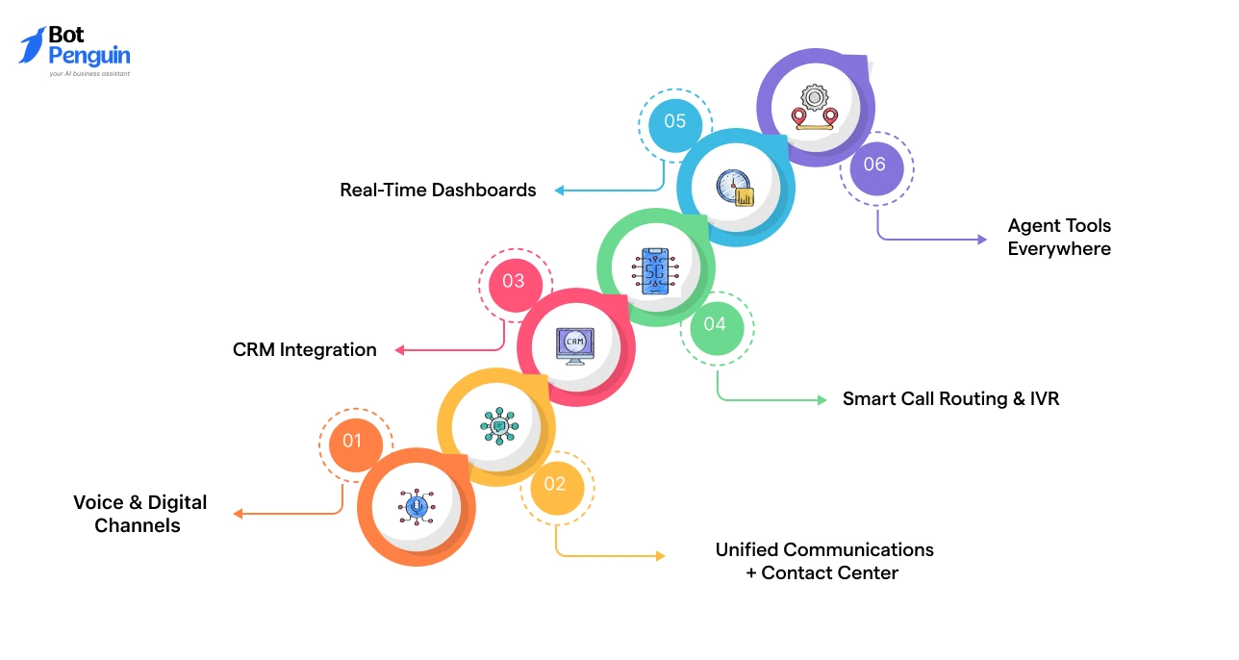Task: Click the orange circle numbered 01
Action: pyautogui.click(x=352, y=441)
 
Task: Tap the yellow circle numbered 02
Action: pyautogui.click(x=555, y=484)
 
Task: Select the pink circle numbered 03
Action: pyautogui.click(x=513, y=281)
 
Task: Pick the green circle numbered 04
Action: pyautogui.click(x=715, y=324)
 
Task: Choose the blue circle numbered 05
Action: pyautogui.click(x=674, y=121)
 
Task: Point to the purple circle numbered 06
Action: pyautogui.click(x=874, y=165)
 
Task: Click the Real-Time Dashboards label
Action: pyautogui.click(x=438, y=190)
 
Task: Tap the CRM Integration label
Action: pyautogui.click(x=305, y=349)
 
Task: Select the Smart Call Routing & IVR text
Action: pyautogui.click(x=950, y=398)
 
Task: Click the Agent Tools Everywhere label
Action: pyautogui.click(x=1059, y=237)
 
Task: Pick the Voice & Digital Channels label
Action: pyautogui.click(x=140, y=514)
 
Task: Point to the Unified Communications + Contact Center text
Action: pyautogui.click(x=823, y=561)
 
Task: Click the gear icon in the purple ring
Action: pyautogui.click(x=815, y=98)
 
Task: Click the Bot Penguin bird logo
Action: pyautogui.click(x=32, y=45)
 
